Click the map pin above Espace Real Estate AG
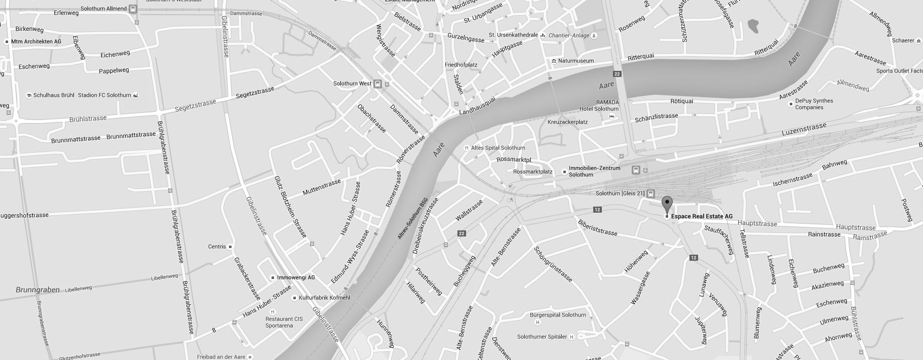667,204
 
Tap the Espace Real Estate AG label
702,216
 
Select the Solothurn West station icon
377,84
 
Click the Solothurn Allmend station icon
133,9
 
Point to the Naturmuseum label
575,61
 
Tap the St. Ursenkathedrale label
513,35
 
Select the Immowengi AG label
296,277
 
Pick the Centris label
217,247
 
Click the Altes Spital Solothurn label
498,148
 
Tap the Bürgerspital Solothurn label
558,315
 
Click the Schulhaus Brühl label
54,95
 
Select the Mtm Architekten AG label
36,42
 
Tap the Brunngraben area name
37,290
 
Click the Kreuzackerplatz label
567,122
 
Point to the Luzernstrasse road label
803,129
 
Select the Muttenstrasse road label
322,187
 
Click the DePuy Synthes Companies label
814,104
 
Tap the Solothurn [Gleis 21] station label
620,193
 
